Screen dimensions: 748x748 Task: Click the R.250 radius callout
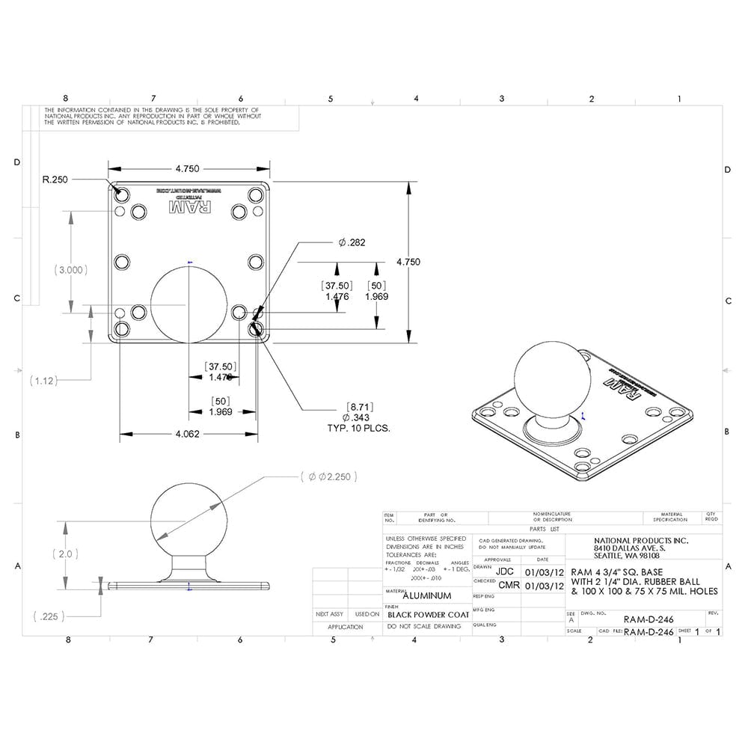click(x=56, y=180)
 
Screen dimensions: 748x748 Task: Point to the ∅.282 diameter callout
click(x=352, y=242)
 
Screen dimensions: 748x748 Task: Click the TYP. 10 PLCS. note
click(x=359, y=428)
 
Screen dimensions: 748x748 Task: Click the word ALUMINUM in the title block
click(x=427, y=595)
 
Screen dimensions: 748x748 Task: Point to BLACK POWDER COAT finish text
click(x=428, y=614)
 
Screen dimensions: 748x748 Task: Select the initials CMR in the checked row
click(x=509, y=585)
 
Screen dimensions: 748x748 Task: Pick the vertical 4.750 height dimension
click(x=408, y=262)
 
